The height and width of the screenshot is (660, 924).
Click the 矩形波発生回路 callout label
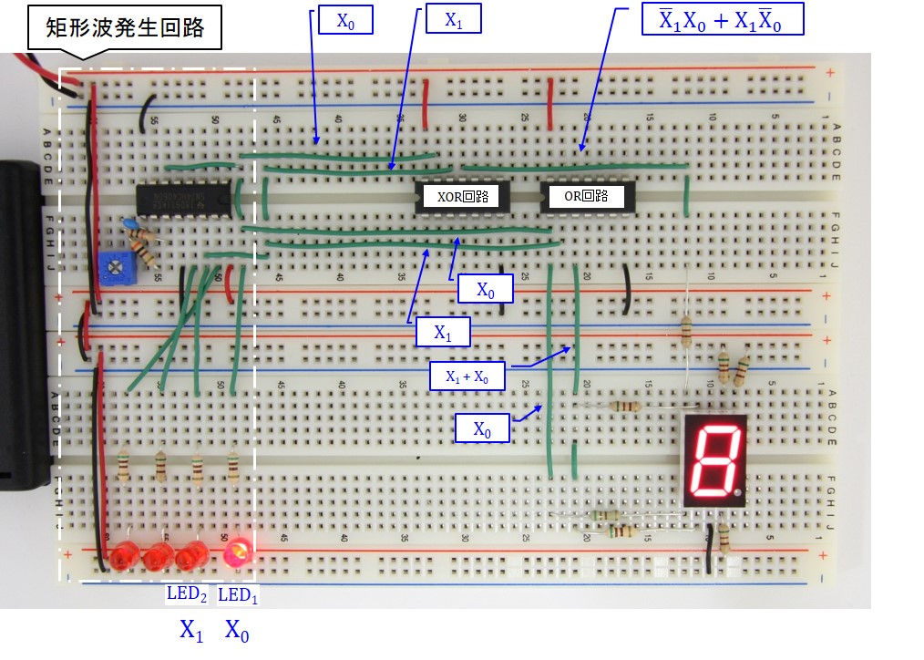(127, 28)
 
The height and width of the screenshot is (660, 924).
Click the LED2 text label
(187, 595)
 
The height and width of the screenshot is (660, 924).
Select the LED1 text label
(239, 595)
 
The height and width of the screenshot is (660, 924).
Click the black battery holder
(20, 319)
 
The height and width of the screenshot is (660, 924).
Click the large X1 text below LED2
(190, 630)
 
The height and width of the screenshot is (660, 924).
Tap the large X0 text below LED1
(237, 630)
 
